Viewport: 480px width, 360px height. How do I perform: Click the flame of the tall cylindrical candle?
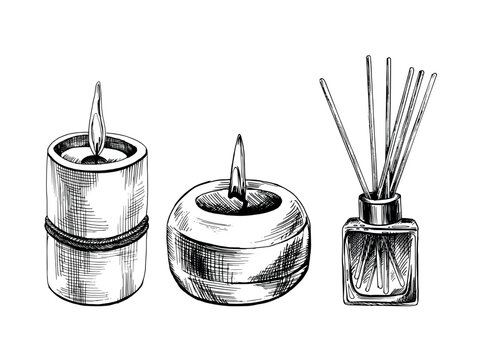pos(96,122)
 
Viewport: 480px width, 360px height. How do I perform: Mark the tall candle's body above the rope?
pos(98,195)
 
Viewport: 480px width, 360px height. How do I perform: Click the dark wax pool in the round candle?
pos(237,203)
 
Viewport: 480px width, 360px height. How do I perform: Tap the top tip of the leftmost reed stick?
pos(321,80)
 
